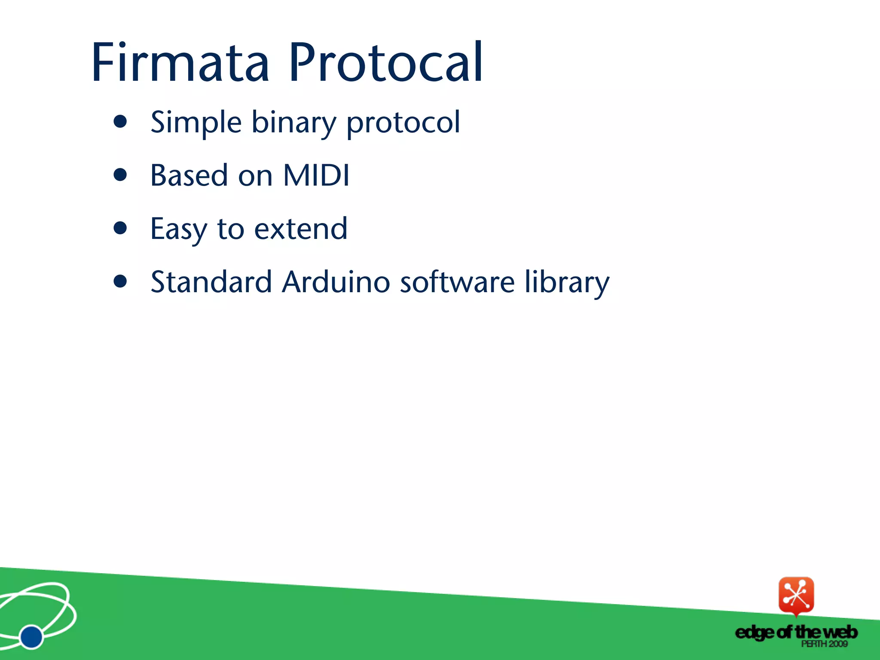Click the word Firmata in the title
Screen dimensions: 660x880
click(x=180, y=62)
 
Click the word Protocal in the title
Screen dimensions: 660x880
click(x=386, y=62)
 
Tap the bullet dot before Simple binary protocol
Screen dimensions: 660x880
click(x=120, y=122)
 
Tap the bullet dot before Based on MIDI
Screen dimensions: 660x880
click(x=120, y=175)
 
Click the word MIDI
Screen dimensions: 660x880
click(x=316, y=175)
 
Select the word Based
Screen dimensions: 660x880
click(x=189, y=175)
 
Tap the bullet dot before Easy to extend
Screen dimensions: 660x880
click(x=120, y=228)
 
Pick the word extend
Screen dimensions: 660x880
click(x=301, y=229)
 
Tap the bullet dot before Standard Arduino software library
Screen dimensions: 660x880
click(x=120, y=281)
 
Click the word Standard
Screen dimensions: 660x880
click(x=211, y=282)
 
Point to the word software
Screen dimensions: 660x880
click(x=457, y=282)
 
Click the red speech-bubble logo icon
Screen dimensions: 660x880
click(x=796, y=596)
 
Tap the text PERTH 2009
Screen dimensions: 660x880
click(x=824, y=644)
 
